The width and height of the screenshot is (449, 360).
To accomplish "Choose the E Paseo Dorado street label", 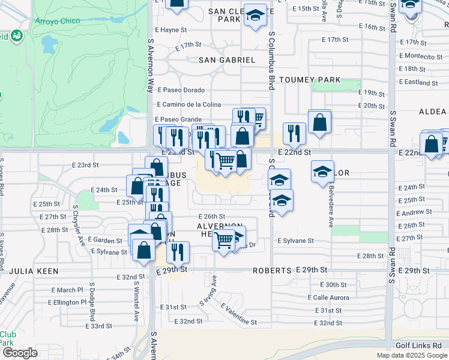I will (181, 90).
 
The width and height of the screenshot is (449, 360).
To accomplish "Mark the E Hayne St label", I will (172, 29).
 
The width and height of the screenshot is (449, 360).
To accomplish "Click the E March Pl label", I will (67, 290).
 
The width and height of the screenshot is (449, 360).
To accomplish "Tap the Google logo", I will (20, 353).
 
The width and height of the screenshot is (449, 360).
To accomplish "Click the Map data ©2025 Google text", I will (411, 355).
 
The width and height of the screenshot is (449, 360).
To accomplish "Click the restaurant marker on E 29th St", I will (177, 253).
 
